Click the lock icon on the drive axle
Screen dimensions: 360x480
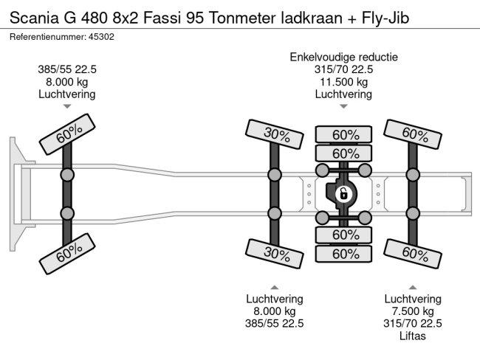(343, 194)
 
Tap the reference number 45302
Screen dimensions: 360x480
(101, 35)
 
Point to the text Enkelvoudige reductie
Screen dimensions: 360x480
(344, 57)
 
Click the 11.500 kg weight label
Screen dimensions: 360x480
(344, 82)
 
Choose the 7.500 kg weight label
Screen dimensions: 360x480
(413, 311)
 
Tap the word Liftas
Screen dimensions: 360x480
(413, 336)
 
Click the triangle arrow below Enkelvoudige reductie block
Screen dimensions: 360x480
(344, 105)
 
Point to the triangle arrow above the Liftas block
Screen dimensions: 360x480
(413, 286)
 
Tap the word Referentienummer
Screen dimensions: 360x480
(46, 35)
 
